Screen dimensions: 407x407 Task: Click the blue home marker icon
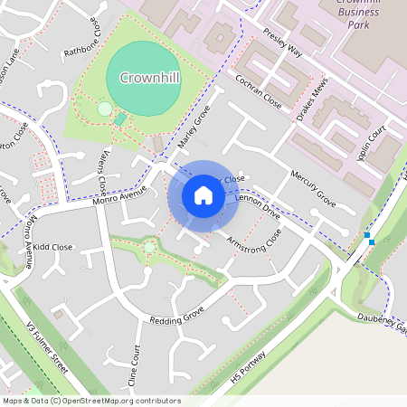pos(203,194)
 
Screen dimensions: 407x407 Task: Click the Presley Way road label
pos(282,42)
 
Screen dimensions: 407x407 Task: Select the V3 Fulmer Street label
pos(47,350)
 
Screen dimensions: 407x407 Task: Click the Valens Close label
pos(104,173)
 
